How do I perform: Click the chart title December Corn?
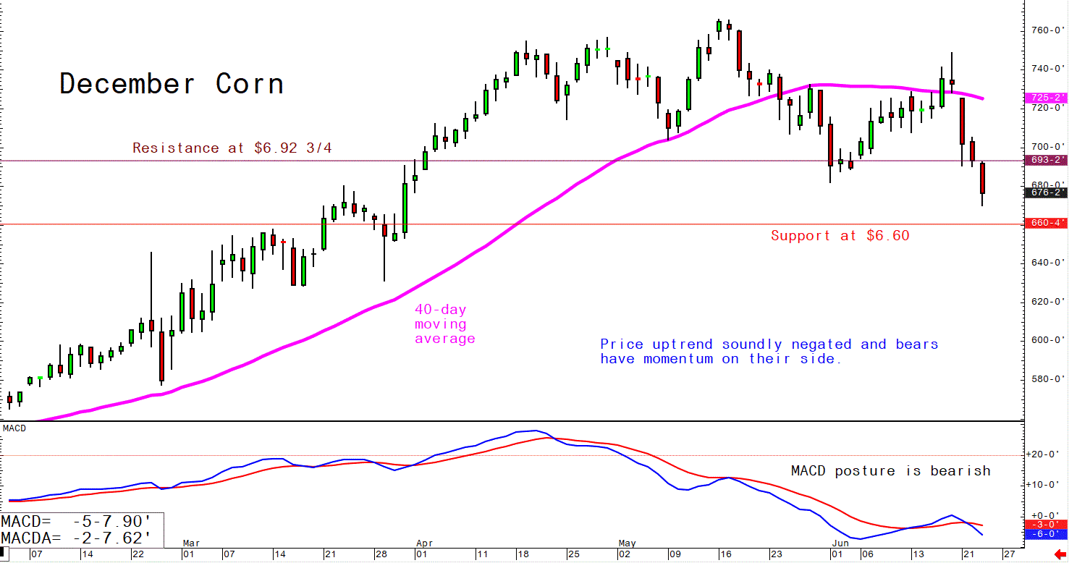point(171,84)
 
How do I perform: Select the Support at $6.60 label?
point(840,236)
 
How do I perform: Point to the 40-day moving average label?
point(444,324)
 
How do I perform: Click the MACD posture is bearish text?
point(890,471)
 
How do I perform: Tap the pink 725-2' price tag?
point(1047,97)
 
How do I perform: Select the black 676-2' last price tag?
point(1047,192)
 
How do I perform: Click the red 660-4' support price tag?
point(1047,223)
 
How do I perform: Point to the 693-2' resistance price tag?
point(1047,160)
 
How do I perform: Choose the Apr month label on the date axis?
point(425,543)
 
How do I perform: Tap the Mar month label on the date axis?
point(191,543)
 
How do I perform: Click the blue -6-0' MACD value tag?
point(1047,534)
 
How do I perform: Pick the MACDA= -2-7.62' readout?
point(77,537)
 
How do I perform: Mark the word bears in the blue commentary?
point(917,344)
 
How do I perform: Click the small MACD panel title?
point(14,428)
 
